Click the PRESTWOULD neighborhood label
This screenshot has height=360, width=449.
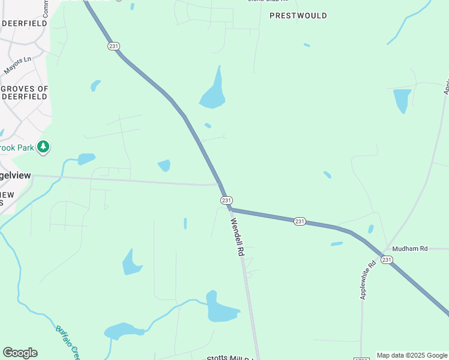tap(298, 16)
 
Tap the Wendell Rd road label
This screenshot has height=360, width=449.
tap(237, 237)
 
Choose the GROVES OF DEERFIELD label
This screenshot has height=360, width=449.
tap(24, 92)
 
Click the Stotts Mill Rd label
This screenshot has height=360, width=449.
tap(231, 358)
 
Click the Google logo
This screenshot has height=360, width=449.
tap(20, 353)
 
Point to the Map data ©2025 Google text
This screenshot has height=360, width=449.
tap(412, 355)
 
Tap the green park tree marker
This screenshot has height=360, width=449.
tap(43, 146)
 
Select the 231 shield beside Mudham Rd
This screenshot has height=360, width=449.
tap(386, 259)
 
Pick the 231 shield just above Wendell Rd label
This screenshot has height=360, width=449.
tap(226, 200)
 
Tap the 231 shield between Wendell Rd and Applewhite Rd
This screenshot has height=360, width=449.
tap(300, 221)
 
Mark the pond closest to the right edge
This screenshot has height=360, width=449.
tap(402, 100)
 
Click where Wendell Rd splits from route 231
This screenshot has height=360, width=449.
tap(229, 208)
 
